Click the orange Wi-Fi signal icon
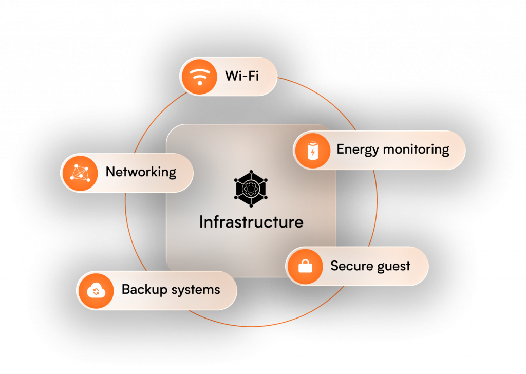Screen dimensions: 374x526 pyautogui.click(x=199, y=77)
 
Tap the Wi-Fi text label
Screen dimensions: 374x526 pyautogui.click(x=242, y=77)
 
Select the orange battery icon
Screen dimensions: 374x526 pyautogui.click(x=312, y=151)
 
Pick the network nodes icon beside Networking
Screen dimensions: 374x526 pyautogui.click(x=80, y=173)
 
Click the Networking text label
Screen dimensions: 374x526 pyautogui.click(x=141, y=172)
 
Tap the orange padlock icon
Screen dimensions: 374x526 pyautogui.click(x=305, y=266)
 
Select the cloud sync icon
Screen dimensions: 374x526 pyautogui.click(x=96, y=290)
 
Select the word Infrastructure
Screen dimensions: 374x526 pyautogui.click(x=251, y=222)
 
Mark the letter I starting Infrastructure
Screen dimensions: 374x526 pyautogui.click(x=201, y=222)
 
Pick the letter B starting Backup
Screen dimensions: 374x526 pyautogui.click(x=125, y=289)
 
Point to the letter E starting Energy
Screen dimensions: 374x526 pyautogui.click(x=340, y=149)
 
